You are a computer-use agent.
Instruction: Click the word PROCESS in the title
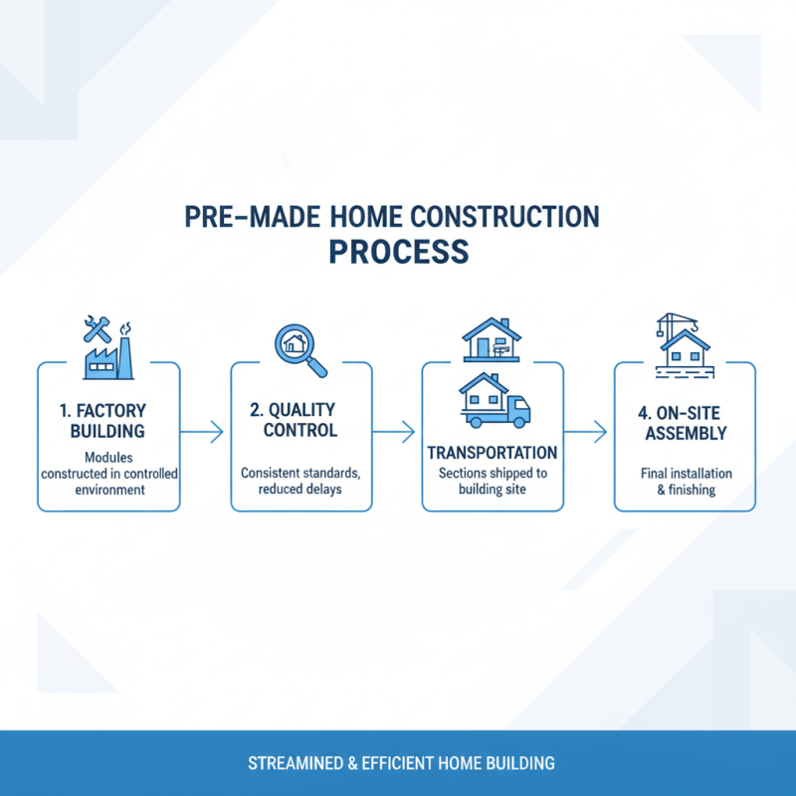pos(398,251)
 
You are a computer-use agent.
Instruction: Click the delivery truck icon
pos(495,401)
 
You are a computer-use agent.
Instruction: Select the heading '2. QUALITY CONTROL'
pos(300,420)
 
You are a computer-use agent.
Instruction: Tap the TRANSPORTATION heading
pos(493,453)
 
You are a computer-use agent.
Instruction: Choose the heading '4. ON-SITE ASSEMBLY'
pos(686,422)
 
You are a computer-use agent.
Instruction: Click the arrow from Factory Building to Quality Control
pos(205,431)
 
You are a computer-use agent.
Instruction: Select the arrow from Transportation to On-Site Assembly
pos(589,431)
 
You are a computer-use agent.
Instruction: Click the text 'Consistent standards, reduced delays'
pos(300,482)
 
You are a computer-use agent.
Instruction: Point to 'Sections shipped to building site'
pos(493,482)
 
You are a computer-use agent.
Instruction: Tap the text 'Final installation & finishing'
pos(686,482)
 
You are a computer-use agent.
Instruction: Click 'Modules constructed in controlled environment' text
pos(108,475)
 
